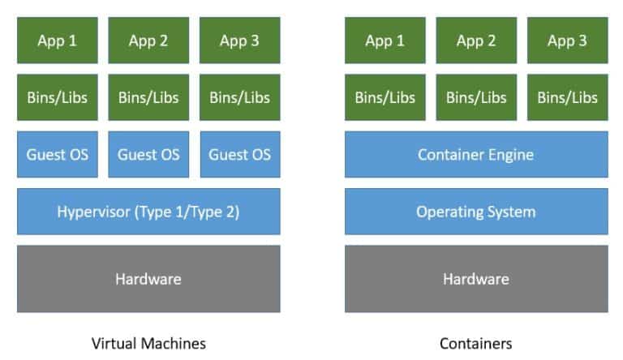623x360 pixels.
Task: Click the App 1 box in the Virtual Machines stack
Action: pyautogui.click(x=57, y=41)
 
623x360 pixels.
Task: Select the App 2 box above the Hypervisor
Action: pyautogui.click(x=148, y=41)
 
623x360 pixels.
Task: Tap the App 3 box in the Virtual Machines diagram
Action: pyautogui.click(x=240, y=41)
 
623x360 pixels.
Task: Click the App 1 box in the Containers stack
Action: pyautogui.click(x=385, y=41)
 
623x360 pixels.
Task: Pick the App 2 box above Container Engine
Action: pyautogui.click(x=476, y=41)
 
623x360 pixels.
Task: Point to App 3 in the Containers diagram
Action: pyautogui.click(x=567, y=41)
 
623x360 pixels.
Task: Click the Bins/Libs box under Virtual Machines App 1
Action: pyautogui.click(x=57, y=97)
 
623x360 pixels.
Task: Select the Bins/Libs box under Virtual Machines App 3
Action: pyautogui.click(x=240, y=97)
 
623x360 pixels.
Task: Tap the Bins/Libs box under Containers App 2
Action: pyautogui.click(x=476, y=97)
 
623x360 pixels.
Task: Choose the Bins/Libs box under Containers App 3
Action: pyautogui.click(x=567, y=97)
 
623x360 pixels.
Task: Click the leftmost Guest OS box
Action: pyautogui.click(x=57, y=154)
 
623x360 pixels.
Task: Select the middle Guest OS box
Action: pyautogui.click(x=148, y=154)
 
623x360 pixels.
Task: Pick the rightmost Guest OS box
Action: pyautogui.click(x=240, y=154)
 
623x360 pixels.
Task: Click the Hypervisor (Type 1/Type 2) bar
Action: pyautogui.click(x=148, y=212)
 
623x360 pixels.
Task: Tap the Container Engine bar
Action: pyautogui.click(x=476, y=154)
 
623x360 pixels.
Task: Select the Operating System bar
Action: pyautogui.click(x=476, y=212)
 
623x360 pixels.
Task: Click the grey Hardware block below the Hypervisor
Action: pyautogui.click(x=148, y=279)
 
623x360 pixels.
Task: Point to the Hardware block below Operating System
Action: pyautogui.click(x=476, y=279)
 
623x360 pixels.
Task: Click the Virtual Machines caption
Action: pyautogui.click(x=148, y=343)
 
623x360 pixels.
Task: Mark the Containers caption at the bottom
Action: pyautogui.click(x=476, y=343)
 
